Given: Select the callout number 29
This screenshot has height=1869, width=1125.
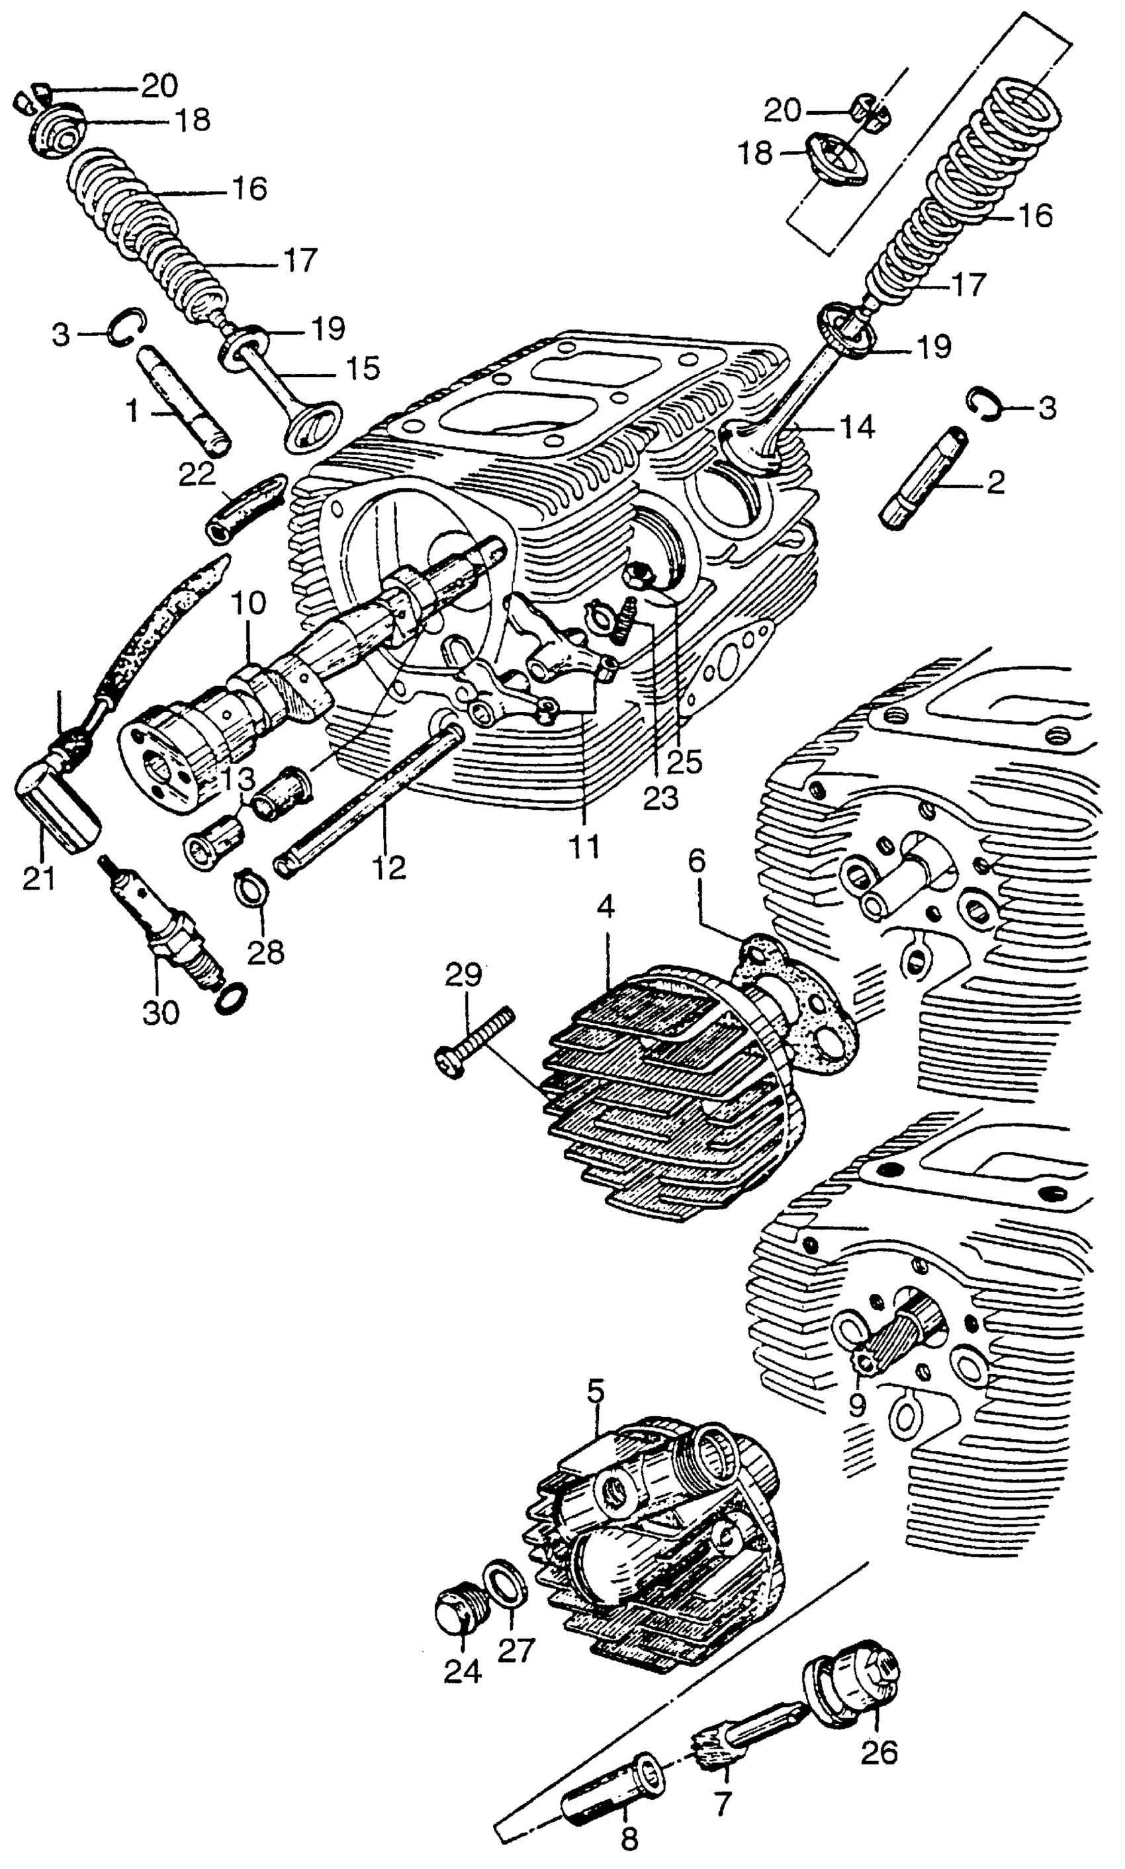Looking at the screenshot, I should coord(464,975).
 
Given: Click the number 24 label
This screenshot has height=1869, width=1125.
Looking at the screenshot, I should coord(463,1670).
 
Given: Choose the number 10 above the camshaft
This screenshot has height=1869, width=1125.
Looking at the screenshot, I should coord(250,605).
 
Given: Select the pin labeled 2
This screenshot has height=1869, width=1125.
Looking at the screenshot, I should coord(923,477).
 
